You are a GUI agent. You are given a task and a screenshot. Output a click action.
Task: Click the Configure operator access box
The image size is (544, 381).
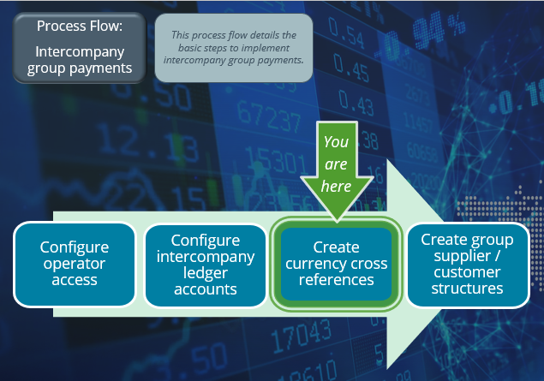[75, 265]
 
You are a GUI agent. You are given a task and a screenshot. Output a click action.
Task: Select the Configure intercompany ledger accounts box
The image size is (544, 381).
[205, 265]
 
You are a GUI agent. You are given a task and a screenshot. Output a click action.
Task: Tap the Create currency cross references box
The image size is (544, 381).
[336, 264]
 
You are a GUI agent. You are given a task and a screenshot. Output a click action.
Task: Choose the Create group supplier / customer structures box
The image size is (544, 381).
[468, 265]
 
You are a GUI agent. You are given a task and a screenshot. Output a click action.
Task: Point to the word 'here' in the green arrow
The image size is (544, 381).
[336, 186]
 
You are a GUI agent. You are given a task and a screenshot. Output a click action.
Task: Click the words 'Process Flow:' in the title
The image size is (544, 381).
[80, 26]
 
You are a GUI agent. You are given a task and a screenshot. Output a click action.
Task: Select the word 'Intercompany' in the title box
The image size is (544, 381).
[80, 51]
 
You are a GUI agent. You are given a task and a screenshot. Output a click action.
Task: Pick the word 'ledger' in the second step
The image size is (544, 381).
[205, 273]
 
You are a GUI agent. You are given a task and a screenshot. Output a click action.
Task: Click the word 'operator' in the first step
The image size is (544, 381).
[75, 265]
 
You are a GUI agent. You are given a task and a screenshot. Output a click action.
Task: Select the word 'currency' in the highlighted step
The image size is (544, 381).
[315, 265]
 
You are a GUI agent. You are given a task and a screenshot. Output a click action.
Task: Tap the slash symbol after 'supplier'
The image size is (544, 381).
[497, 256]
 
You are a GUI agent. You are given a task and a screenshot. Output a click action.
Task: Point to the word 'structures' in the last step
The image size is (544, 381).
[468, 289]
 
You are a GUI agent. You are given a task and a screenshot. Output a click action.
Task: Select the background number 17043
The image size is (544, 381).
[301, 336]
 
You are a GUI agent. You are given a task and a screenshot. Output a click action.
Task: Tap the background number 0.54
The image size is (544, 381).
[346, 33]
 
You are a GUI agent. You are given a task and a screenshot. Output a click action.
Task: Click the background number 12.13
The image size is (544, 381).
[147, 143]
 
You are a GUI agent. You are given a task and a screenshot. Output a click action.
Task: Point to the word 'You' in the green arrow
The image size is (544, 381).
[336, 142]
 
